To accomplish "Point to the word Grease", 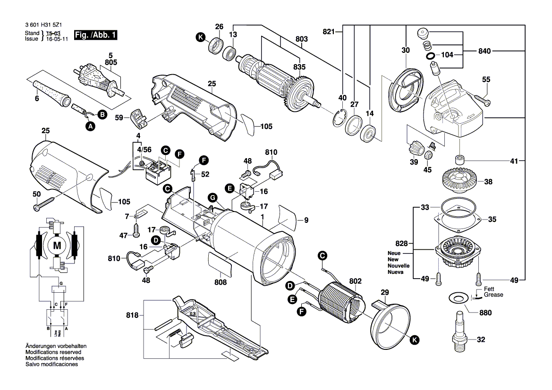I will pos(493,295).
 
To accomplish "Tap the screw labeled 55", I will pos(484,100).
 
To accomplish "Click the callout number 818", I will pos(134,315).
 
